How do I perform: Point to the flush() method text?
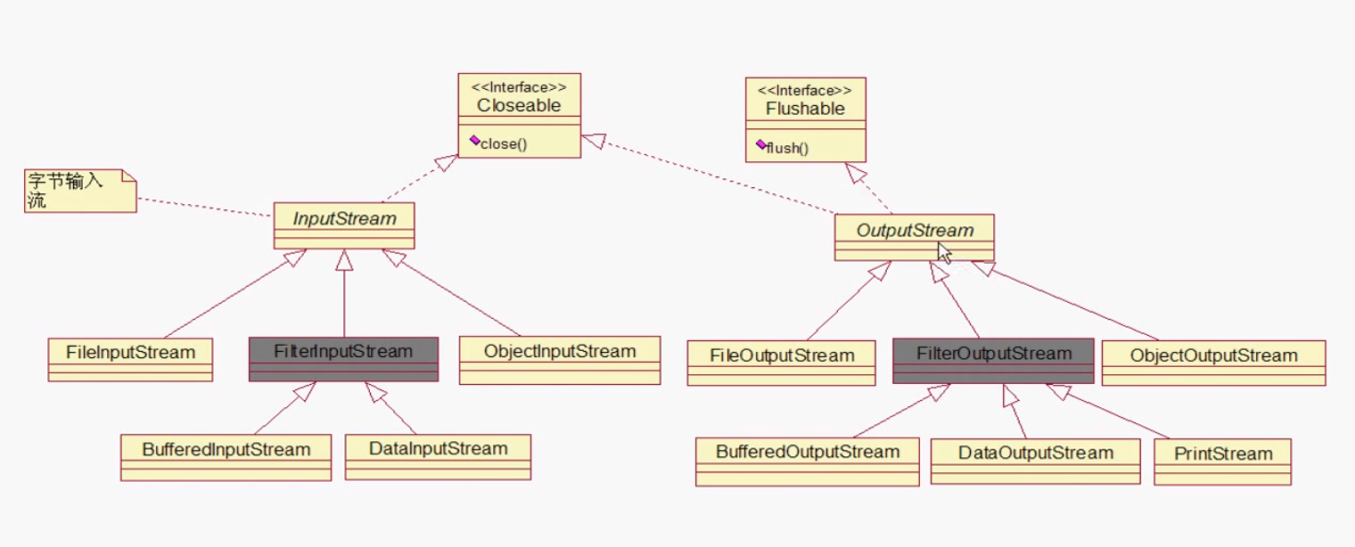tap(787, 148)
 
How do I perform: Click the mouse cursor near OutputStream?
tap(944, 253)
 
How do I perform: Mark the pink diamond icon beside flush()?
tap(760, 144)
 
